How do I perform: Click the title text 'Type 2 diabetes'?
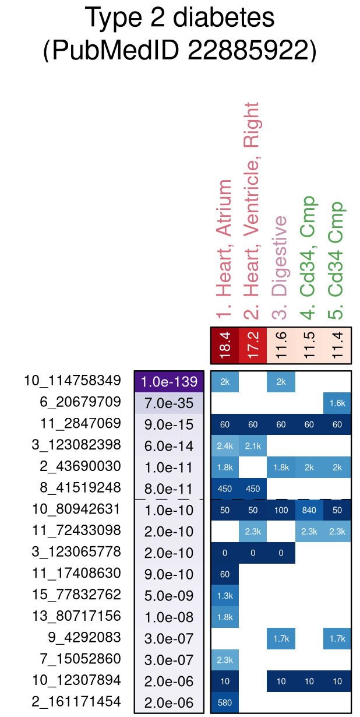[179, 19]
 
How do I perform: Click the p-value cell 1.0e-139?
[169, 382]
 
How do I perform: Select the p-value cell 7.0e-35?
[169, 403]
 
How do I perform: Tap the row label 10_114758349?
[72, 381]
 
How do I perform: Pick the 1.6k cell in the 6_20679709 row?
[337, 403]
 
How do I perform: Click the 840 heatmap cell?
[309, 510]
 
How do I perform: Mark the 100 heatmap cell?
[281, 510]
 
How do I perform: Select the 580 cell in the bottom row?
[225, 702]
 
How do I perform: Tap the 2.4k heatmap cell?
[225, 446]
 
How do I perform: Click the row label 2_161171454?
[76, 702]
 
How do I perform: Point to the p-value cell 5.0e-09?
[169, 596]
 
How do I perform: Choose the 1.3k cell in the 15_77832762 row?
[225, 596]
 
